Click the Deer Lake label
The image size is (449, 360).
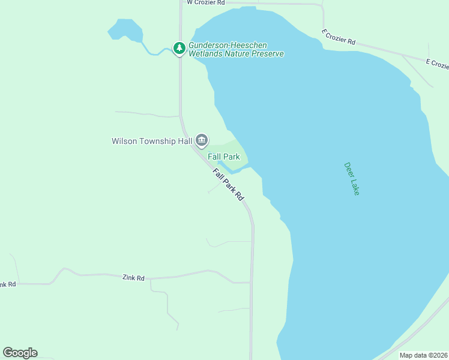[352, 179]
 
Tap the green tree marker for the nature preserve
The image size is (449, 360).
[179, 48]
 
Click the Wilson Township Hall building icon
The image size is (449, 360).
[201, 141]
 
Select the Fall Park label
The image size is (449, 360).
[224, 157]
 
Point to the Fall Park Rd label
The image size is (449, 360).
[229, 184]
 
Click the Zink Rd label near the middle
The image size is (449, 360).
[133, 278]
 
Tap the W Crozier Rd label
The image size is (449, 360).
[205, 3]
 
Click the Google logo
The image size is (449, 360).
[20, 353]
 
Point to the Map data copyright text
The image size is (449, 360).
[423, 355]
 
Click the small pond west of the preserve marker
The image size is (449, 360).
[125, 29]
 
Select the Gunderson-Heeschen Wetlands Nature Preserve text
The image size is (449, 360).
[236, 49]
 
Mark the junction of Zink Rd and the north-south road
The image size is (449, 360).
[251, 282]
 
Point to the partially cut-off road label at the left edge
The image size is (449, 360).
[7, 284]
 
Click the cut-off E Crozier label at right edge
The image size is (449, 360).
[437, 63]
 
